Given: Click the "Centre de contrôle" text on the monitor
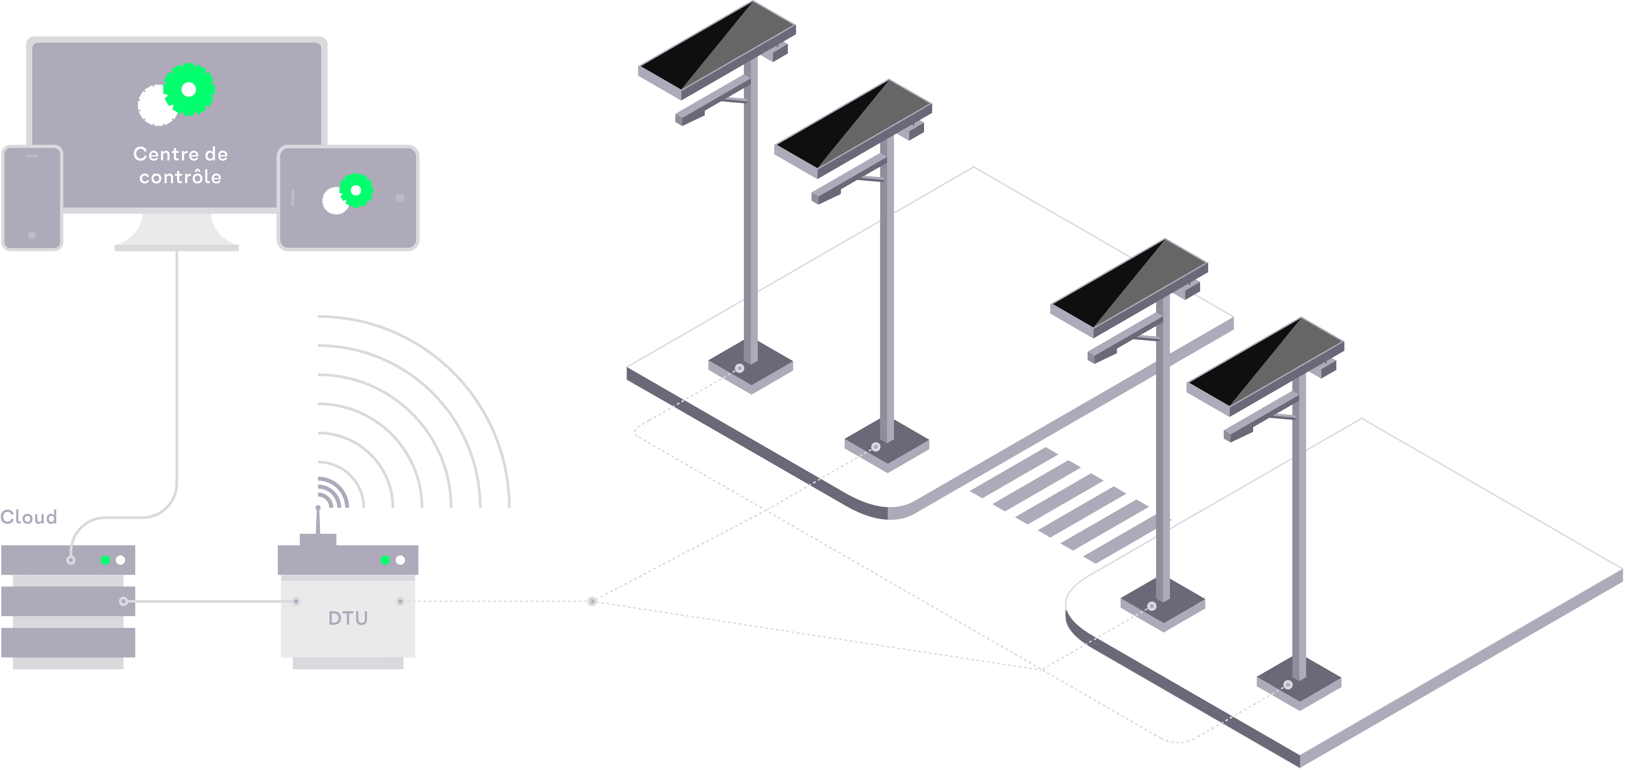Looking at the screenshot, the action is point(180,165).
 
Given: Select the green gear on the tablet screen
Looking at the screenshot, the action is point(356,190).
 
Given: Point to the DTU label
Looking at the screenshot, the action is point(347,618).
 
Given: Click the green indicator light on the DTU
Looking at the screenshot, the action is point(385,560).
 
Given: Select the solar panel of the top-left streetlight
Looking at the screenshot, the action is point(717,49).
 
